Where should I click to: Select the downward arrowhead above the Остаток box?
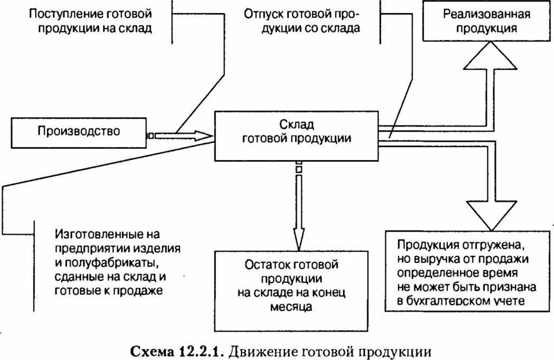point(297,237)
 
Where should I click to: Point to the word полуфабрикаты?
point(113,263)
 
